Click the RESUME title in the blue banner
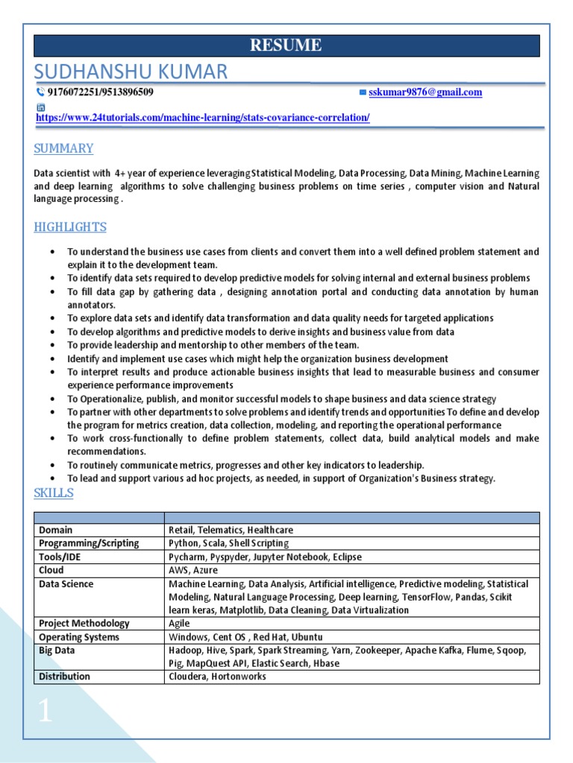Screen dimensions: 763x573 click(286, 45)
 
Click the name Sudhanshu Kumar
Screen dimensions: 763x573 click(131, 72)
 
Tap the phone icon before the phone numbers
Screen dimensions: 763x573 click(40, 92)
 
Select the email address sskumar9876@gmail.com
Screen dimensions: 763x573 click(425, 92)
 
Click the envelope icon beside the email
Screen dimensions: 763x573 click(363, 92)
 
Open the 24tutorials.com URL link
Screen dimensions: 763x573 click(202, 118)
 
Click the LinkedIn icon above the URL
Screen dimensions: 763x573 click(41, 107)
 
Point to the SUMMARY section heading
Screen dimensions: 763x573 click(63, 148)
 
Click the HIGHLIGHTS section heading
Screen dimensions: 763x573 click(70, 227)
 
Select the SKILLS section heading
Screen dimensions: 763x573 click(54, 493)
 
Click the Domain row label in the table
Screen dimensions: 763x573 click(56, 530)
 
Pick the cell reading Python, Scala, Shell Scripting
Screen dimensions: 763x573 click(228, 543)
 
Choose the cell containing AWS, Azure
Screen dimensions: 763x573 click(192, 570)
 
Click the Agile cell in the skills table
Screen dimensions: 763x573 click(180, 623)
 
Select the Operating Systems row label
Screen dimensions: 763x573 click(79, 637)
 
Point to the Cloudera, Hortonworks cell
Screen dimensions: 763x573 click(217, 677)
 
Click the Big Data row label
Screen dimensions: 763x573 click(57, 650)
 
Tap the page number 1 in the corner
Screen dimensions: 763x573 click(46, 711)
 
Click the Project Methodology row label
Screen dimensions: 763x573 click(84, 623)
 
